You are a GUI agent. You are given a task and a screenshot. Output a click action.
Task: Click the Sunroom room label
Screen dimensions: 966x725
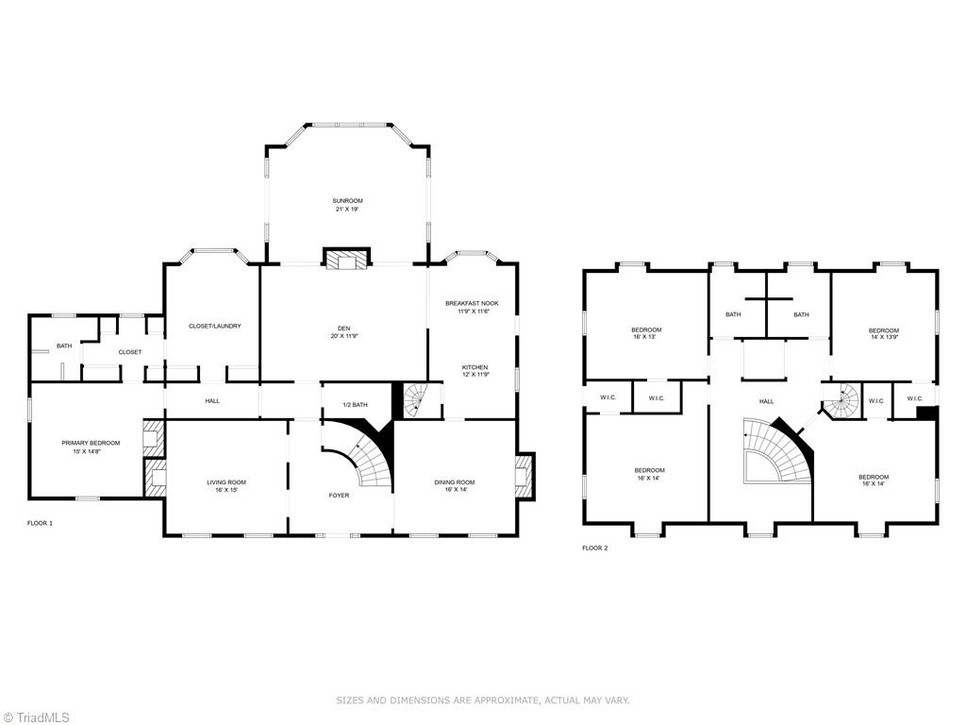coord(347,201)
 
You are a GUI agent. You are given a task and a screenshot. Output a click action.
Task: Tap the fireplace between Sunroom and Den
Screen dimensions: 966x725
coord(347,259)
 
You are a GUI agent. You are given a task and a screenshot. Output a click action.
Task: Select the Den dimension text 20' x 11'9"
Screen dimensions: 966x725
coord(343,337)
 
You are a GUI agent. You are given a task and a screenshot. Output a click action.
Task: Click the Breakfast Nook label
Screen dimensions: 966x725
coord(472,303)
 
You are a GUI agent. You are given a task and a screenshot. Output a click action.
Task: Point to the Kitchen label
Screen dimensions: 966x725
coord(475,367)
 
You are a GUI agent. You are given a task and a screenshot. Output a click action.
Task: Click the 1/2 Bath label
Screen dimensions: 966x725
coord(355,405)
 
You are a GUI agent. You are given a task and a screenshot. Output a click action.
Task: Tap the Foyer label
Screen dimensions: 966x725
coord(339,495)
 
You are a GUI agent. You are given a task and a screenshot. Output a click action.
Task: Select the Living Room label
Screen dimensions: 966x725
coord(226,482)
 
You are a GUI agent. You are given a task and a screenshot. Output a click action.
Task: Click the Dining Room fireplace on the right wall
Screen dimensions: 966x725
coord(525,475)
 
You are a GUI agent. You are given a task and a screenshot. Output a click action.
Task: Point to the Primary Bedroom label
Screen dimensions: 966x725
coord(91,444)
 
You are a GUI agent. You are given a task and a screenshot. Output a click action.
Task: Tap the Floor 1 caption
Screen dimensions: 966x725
coord(40,523)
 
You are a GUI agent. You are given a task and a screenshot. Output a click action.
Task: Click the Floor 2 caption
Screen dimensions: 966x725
coord(595,548)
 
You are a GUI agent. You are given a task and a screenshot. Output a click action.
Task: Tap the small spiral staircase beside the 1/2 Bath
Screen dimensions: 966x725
coord(415,399)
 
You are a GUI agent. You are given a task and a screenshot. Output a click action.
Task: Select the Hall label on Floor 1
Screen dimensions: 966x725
coord(212,401)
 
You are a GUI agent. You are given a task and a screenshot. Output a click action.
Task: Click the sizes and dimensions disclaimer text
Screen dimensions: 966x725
coord(482,700)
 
